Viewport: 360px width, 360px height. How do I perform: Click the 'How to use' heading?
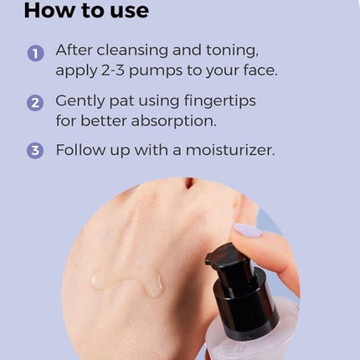coord(86,11)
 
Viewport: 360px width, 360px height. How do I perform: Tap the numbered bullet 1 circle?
coord(35,54)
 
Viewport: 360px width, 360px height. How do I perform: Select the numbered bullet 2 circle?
coord(35,103)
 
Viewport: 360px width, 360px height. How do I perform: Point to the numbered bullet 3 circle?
coord(35,151)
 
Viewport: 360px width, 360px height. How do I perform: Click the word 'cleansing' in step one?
coord(132,51)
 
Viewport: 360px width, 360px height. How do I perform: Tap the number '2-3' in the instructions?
coord(113,70)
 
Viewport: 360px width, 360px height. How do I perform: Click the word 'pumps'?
coord(156,71)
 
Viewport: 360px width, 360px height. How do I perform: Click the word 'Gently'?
coord(80,101)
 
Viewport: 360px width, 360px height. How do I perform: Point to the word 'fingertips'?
coord(219,101)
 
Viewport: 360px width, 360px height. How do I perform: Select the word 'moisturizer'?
coord(229,150)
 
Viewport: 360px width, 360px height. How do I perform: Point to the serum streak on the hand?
coord(127,283)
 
